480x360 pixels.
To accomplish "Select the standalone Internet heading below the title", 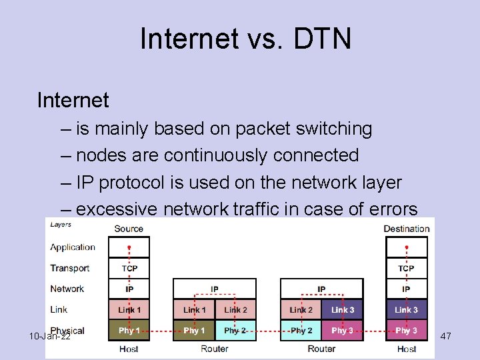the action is tap(73, 101).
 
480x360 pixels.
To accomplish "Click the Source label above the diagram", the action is tap(129, 229).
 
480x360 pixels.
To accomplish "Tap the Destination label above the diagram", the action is tap(406, 229).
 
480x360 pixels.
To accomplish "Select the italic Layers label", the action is tap(61, 224).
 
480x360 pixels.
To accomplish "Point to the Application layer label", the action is tap(73, 247).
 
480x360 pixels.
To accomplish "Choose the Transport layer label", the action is tap(69, 268).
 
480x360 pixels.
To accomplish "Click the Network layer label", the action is tap(67, 289).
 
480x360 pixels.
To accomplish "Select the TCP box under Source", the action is tap(129, 268).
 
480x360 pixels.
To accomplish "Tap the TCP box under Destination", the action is tap(406, 268).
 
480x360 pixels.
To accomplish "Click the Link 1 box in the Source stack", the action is tap(129, 309).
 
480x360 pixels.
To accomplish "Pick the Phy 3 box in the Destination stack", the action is tap(406, 331).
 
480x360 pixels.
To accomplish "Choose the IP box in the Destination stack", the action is tap(406, 289).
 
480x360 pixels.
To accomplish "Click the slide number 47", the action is tap(446, 337).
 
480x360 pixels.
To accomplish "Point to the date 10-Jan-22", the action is tap(50, 337).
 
